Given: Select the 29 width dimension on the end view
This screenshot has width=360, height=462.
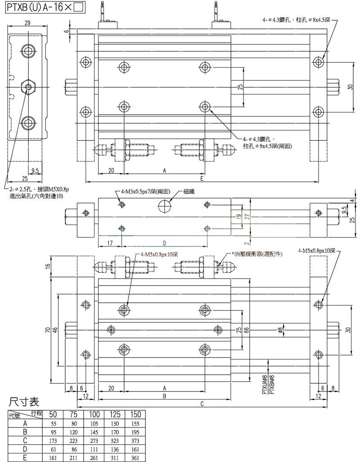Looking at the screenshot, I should click(x=27, y=22).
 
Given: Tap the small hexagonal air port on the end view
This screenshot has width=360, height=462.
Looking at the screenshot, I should click(x=29, y=86).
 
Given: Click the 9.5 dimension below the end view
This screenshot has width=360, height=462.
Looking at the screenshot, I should click(x=35, y=170).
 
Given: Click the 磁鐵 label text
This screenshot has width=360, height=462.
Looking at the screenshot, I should click(x=189, y=192).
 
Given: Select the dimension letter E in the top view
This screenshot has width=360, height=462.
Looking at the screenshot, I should click(x=202, y=179).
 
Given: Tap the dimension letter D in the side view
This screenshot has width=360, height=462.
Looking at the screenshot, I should click(x=164, y=243).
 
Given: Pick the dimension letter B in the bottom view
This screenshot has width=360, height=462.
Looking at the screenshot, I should click(x=164, y=396).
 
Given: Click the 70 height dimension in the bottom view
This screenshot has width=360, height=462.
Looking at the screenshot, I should click(x=47, y=331).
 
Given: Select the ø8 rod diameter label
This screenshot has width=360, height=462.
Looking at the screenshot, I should click(x=280, y=331).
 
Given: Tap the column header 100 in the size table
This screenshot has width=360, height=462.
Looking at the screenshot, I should click(x=94, y=414).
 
